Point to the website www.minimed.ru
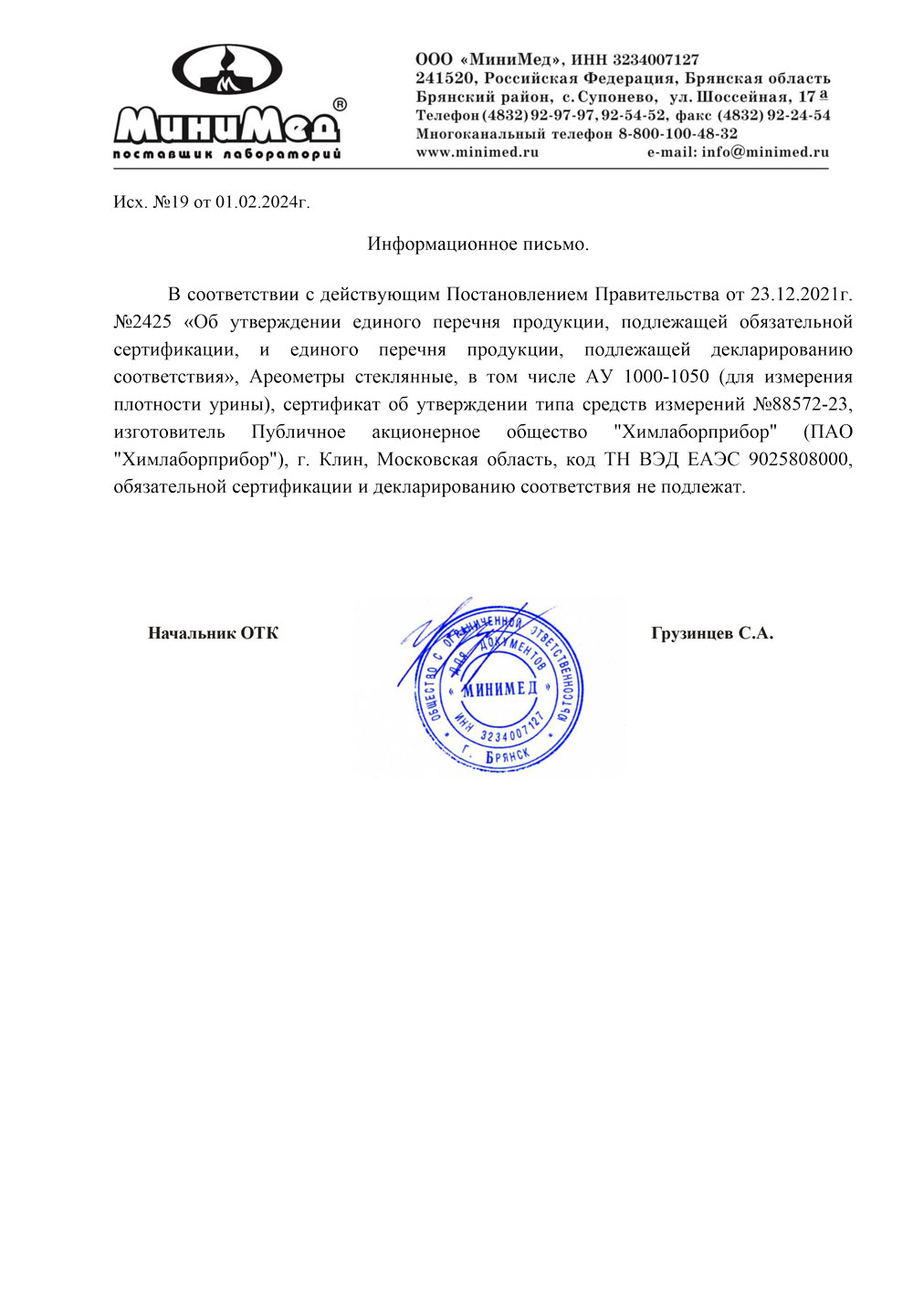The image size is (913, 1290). (x=477, y=152)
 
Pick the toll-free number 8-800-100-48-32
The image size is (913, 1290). (x=677, y=133)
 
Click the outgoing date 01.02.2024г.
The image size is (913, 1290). (x=262, y=202)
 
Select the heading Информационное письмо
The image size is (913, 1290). (x=478, y=244)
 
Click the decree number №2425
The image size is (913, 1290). (x=143, y=322)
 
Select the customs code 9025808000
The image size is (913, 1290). (x=798, y=459)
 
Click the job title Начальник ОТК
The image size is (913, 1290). (x=213, y=633)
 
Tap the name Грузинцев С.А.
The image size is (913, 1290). (x=712, y=633)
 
